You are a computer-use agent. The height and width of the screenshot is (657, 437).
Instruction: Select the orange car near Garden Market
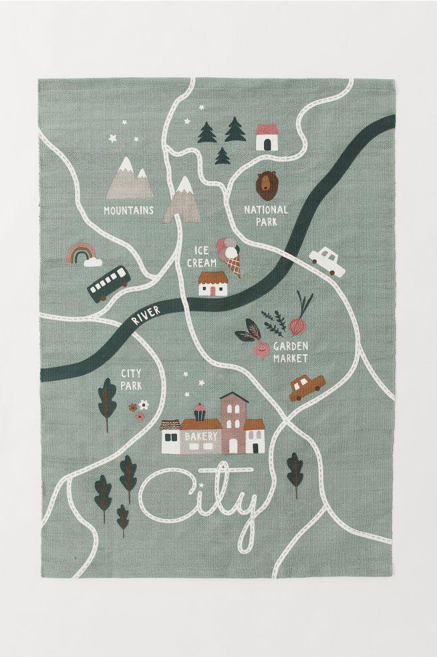(x=306, y=387)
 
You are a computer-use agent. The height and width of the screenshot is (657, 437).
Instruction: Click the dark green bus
(x=107, y=282)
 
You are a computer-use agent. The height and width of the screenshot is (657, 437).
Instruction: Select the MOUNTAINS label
(x=128, y=210)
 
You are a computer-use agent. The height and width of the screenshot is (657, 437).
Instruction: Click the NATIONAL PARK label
(x=266, y=215)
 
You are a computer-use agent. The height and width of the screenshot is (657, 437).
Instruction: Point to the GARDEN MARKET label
(x=291, y=352)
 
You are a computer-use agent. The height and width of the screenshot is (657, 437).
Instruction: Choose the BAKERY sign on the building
(x=201, y=436)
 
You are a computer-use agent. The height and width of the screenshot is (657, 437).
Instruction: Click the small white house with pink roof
(x=267, y=136)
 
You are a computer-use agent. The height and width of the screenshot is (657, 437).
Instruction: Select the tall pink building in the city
(x=233, y=423)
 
